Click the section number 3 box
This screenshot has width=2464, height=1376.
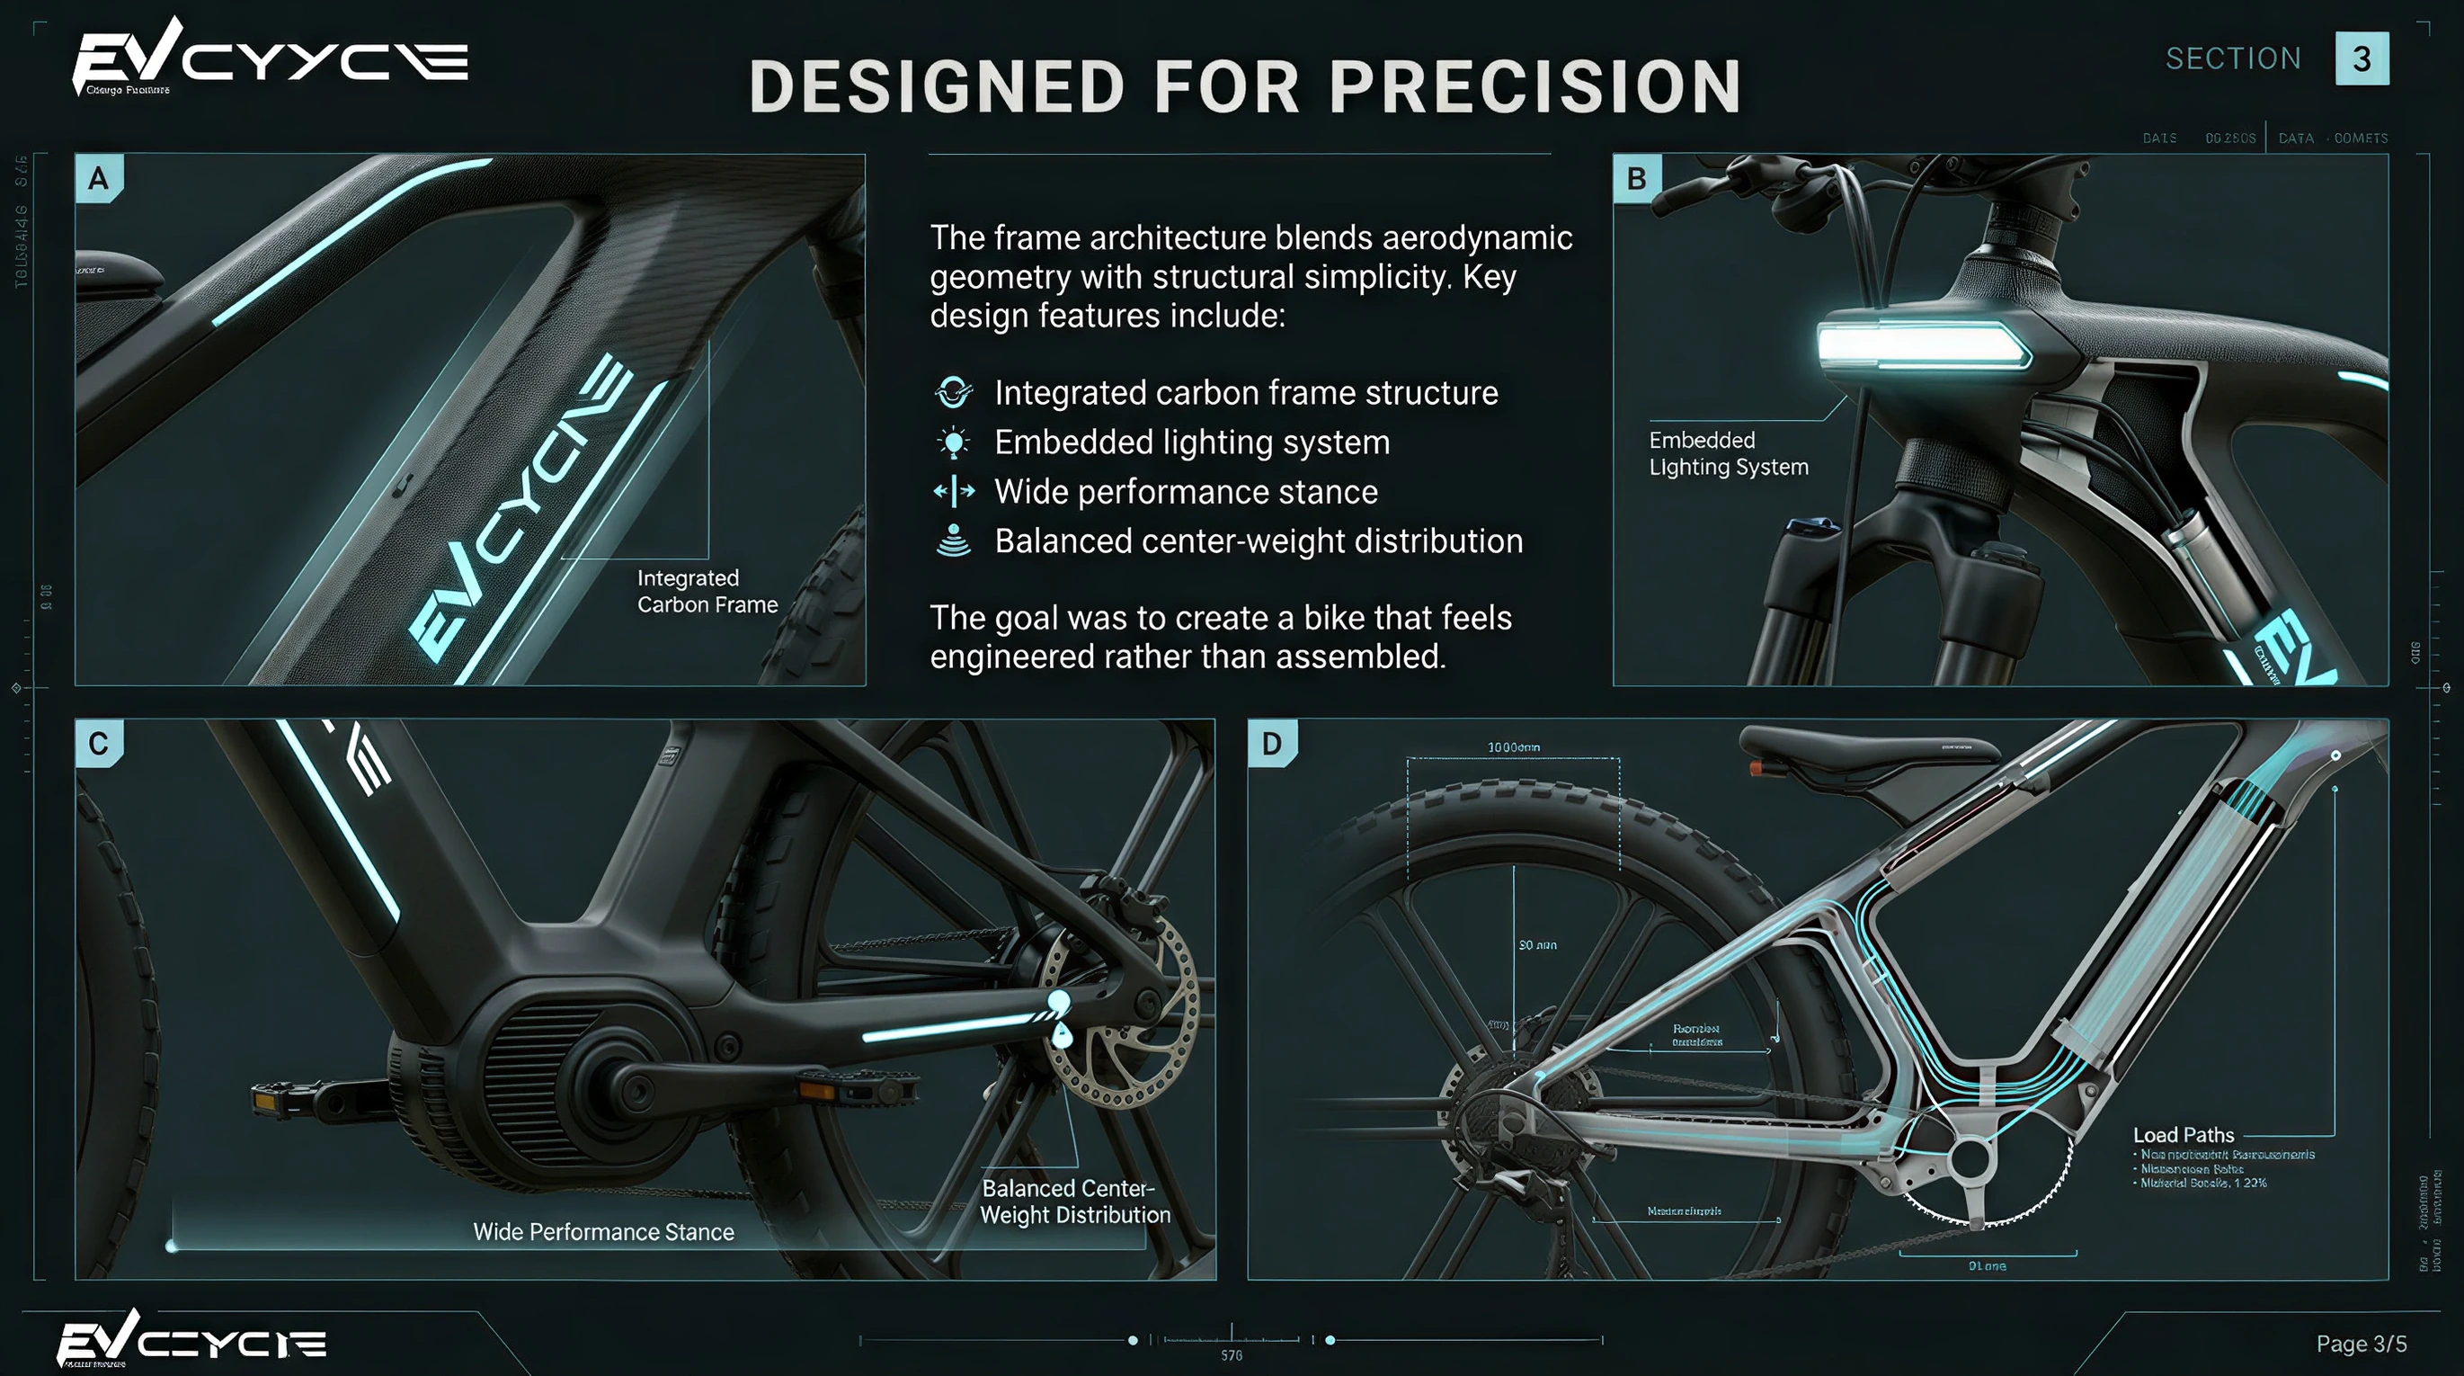[x=2361, y=58]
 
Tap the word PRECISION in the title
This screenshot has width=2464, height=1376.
[x=1535, y=87]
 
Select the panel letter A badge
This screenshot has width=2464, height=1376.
[x=99, y=179]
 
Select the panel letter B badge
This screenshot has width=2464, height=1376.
[x=1637, y=179]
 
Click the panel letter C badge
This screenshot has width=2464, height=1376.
[x=99, y=744]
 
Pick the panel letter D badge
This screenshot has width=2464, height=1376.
[x=1271, y=744]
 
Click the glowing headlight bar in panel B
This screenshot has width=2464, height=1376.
[x=1923, y=345]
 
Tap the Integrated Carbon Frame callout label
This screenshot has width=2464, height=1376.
[x=707, y=592]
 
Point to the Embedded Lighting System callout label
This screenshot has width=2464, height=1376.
[x=1728, y=453]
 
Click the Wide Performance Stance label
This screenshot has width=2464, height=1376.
[x=603, y=1231]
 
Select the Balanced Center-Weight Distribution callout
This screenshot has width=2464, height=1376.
[x=1074, y=1202]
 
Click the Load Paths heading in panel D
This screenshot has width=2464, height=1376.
[x=2183, y=1135]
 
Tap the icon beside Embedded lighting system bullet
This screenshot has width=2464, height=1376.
[x=954, y=442]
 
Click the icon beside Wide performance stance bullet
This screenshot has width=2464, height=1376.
[x=954, y=492]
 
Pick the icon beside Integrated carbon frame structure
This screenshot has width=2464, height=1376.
[x=954, y=392]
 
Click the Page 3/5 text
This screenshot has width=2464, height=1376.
[x=2360, y=1344]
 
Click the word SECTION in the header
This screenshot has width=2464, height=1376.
[x=2232, y=59]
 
